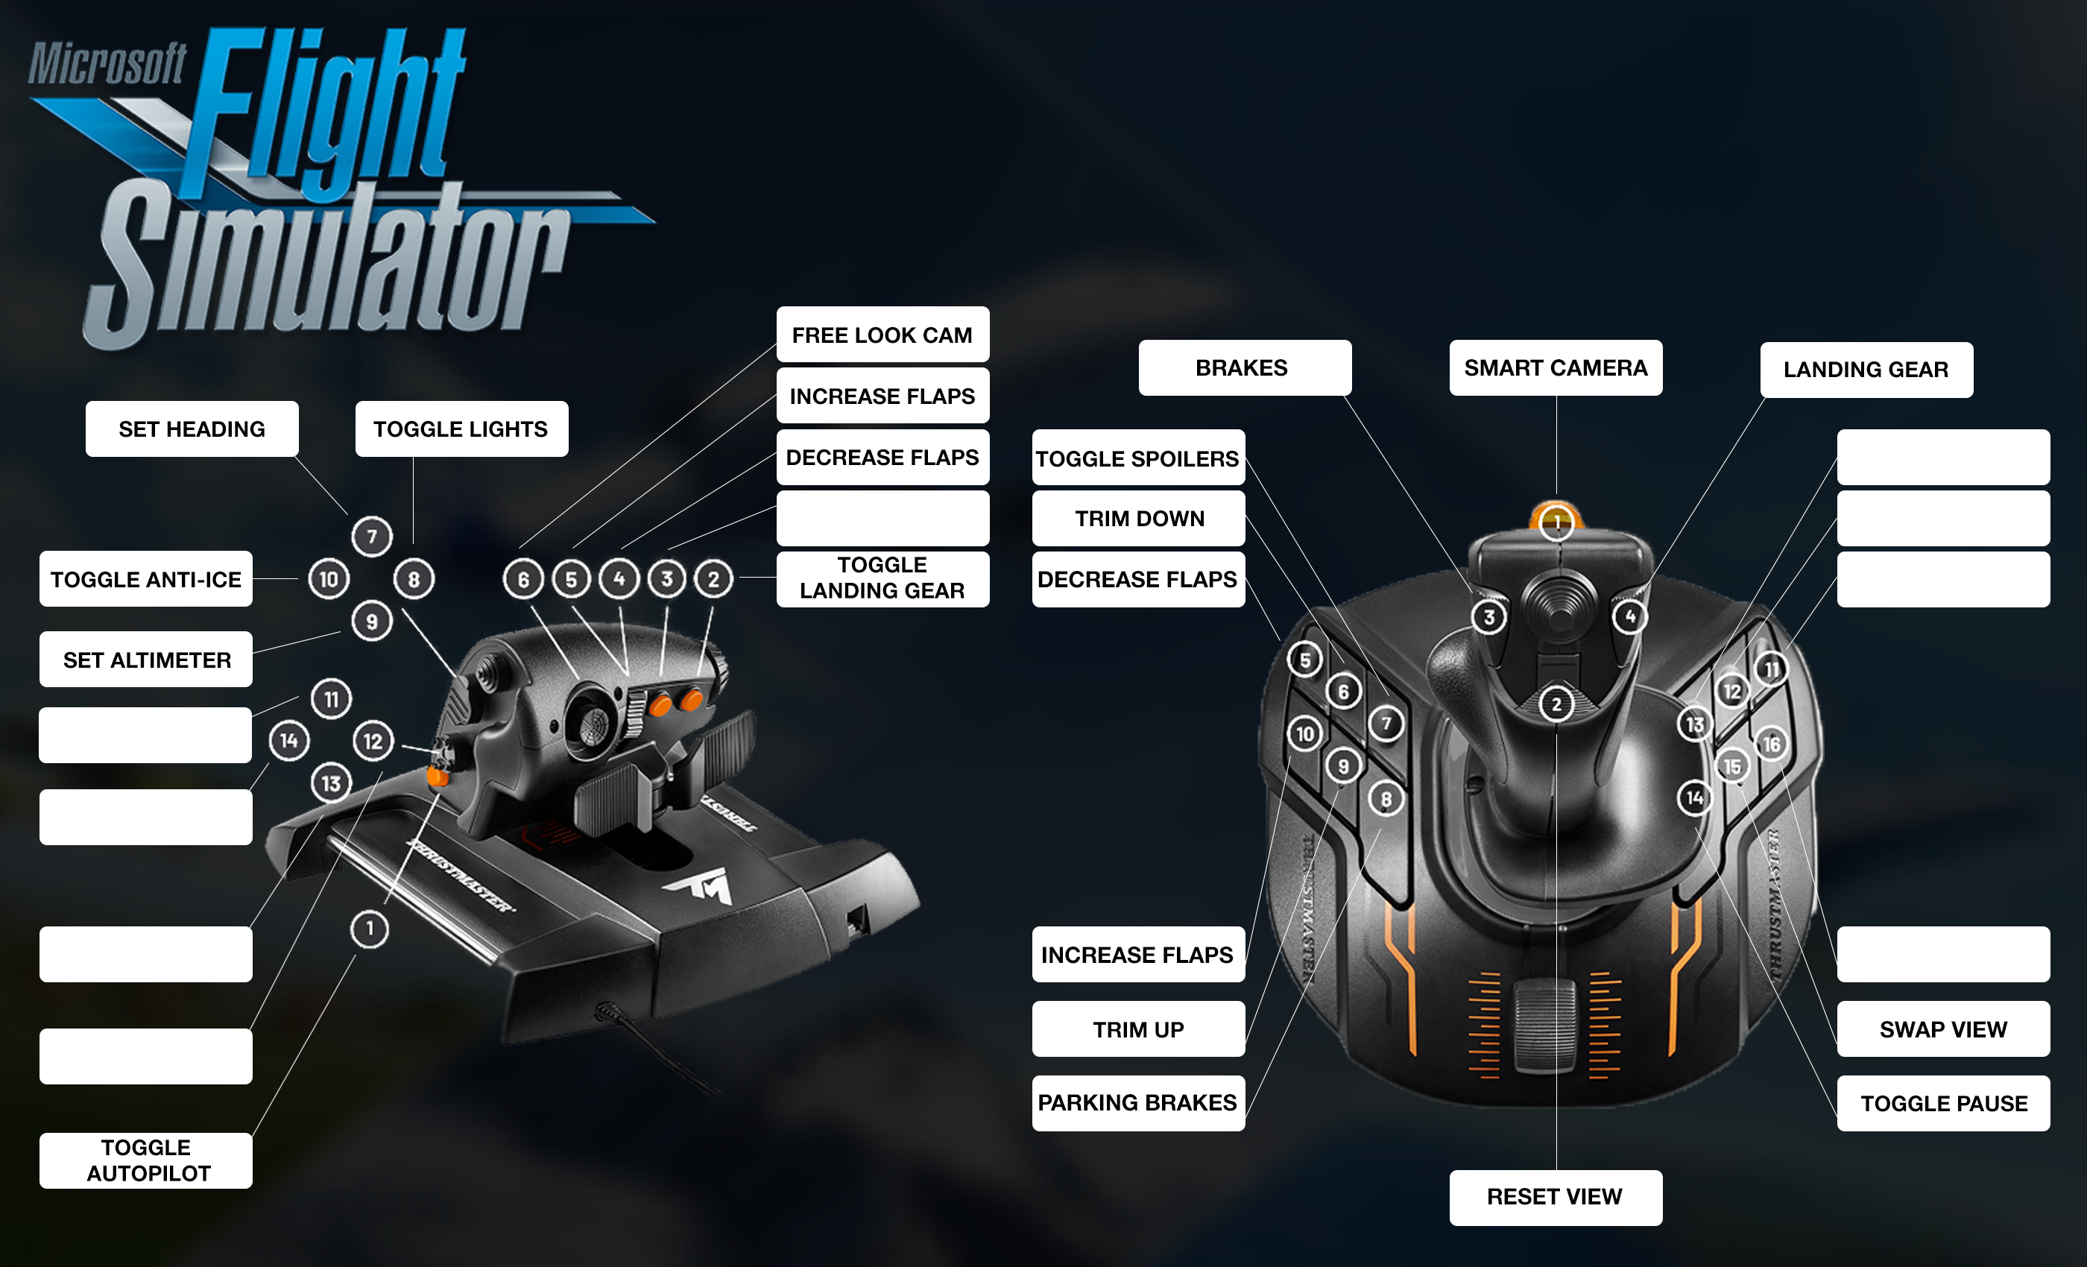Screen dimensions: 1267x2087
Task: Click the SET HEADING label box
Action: pyautogui.click(x=192, y=429)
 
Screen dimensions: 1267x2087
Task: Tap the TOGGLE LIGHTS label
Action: pyautogui.click(x=461, y=429)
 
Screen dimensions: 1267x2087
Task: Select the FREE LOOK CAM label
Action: pyautogui.click(x=882, y=335)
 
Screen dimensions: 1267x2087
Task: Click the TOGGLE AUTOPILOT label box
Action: pyautogui.click(x=145, y=1160)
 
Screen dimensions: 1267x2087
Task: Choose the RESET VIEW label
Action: pyautogui.click(x=1555, y=1197)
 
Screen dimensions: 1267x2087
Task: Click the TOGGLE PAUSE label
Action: pyautogui.click(x=1943, y=1103)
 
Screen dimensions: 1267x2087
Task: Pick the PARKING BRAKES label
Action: pyautogui.click(x=1137, y=1103)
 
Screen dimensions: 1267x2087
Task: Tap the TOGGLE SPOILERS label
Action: pyautogui.click(x=1137, y=458)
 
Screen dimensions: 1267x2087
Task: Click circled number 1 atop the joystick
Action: pyautogui.click(x=1557, y=522)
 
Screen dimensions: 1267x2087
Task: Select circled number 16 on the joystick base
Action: pyautogui.click(x=1771, y=745)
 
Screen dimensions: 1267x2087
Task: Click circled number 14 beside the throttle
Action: pyautogui.click(x=289, y=741)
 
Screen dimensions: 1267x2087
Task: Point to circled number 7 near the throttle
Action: pyautogui.click(x=371, y=536)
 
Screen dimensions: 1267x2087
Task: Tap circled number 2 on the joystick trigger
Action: pyautogui.click(x=1556, y=704)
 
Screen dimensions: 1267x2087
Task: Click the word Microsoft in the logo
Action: pyautogui.click(x=107, y=63)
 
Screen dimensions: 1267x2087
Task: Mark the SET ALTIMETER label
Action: pyautogui.click(x=145, y=660)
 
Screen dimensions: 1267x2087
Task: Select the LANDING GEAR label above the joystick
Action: pyautogui.click(x=1866, y=369)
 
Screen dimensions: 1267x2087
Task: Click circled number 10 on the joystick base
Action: pyautogui.click(x=1304, y=733)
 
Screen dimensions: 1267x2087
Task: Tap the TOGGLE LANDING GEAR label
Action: pyautogui.click(x=882, y=578)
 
